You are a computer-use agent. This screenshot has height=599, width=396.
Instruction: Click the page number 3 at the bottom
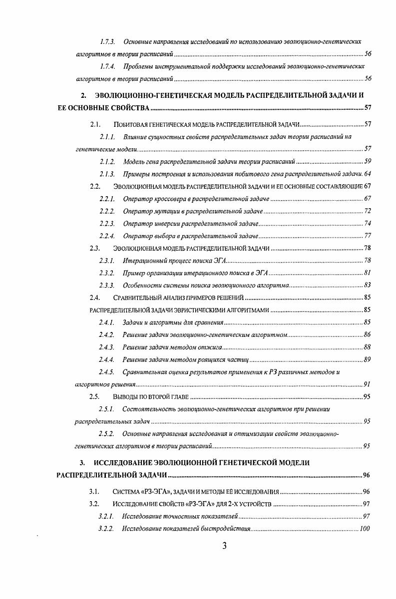click(224, 546)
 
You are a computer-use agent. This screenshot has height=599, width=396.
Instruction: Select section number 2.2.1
click(107, 199)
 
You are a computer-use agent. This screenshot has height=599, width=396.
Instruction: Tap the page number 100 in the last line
click(364, 528)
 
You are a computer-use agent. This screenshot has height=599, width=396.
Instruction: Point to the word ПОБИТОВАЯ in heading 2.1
click(131, 124)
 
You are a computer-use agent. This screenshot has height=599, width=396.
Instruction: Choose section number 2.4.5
click(107, 371)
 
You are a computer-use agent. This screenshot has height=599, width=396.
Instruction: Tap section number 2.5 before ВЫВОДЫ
click(94, 397)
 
